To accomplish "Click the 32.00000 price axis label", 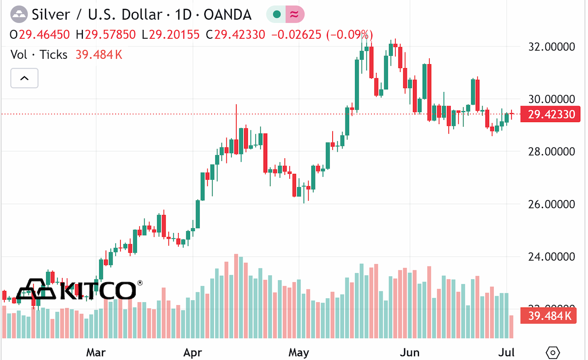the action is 551,47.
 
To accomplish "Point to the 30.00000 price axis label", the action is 551,99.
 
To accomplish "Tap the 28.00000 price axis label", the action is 551,152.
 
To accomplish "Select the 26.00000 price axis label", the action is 551,204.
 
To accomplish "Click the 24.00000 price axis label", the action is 551,257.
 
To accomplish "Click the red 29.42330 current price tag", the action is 550,114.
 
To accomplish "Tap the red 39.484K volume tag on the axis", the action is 548,316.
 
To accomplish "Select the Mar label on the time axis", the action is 96,352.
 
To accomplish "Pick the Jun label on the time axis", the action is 410,352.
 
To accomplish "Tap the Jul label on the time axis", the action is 506,352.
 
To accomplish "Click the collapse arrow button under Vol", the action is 24,78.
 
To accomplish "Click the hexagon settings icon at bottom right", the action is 553,352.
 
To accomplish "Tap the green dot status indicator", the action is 277,14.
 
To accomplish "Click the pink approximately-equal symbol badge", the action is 295,14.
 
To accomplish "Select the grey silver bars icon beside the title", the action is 19,14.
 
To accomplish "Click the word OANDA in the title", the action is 227,15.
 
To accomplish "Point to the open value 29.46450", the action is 45,35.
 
